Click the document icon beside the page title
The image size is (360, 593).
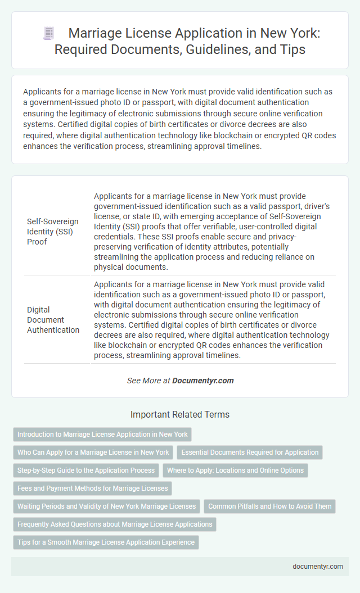[48, 34]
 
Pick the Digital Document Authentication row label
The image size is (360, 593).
[53, 319]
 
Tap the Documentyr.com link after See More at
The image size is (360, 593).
[202, 381]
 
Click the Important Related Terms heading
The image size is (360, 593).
[180, 415]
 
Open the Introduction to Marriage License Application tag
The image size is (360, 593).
[102, 434]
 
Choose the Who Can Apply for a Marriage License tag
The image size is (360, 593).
[93, 452]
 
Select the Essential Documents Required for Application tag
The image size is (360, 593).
[250, 452]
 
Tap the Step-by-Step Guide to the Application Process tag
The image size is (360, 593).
[86, 470]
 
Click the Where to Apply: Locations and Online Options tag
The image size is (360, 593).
[235, 470]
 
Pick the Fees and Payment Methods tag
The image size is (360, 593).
[93, 488]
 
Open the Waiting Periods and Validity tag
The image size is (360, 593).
[106, 506]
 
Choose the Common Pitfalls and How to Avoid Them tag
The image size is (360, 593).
[270, 506]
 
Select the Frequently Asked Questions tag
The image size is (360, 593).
[115, 524]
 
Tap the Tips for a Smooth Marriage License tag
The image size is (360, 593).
[106, 542]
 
